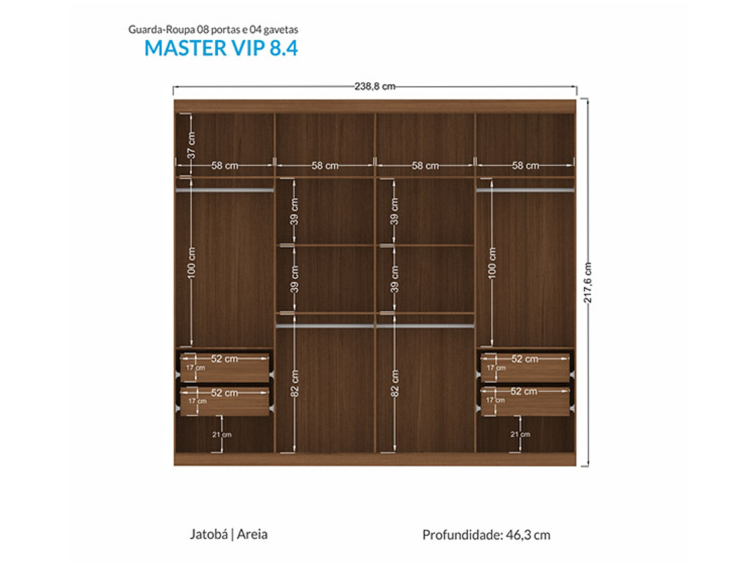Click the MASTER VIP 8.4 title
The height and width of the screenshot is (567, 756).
click(221, 48)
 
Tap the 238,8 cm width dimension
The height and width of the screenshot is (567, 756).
click(375, 86)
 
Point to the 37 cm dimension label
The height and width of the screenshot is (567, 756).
click(191, 144)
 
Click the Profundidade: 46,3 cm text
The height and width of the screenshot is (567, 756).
click(486, 535)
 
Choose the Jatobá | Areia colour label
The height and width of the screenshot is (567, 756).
click(229, 534)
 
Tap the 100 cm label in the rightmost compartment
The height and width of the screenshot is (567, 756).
click(491, 263)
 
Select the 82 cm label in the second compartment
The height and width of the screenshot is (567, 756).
click(294, 384)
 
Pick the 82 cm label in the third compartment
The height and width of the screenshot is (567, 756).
click(395, 384)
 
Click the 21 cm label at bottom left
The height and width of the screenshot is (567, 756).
click(222, 434)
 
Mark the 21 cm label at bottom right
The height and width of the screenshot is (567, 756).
click(520, 434)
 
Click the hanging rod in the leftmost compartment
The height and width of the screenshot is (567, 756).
click(224, 190)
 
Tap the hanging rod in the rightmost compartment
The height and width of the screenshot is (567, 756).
click(525, 190)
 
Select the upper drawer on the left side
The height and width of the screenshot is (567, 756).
click(224, 368)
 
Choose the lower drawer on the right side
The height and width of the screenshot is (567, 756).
click(525, 402)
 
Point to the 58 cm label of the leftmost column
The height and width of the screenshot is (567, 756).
click(225, 165)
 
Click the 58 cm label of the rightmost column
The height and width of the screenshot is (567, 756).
click(525, 165)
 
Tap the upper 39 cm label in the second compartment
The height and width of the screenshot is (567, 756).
click(294, 211)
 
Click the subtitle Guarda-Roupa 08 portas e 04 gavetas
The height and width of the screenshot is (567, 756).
click(213, 30)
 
